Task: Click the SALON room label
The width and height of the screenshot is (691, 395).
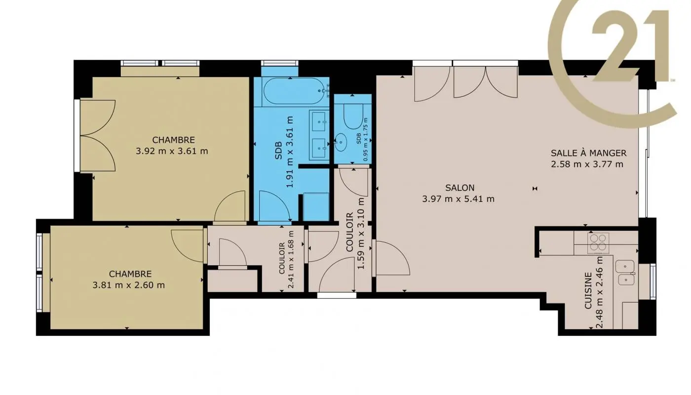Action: point(459,188)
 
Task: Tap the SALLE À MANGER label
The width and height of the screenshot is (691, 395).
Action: point(588,153)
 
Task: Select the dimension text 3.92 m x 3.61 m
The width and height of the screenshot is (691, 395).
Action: point(172,151)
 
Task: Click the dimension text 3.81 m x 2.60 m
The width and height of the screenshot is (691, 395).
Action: point(129,285)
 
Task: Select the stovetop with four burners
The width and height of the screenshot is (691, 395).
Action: point(598,243)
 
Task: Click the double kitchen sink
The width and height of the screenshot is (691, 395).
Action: point(626,274)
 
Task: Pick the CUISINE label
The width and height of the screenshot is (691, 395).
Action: point(588,291)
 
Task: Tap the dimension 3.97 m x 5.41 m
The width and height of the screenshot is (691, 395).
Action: point(459,199)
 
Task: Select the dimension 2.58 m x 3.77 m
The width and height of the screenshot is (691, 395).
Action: point(587,164)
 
